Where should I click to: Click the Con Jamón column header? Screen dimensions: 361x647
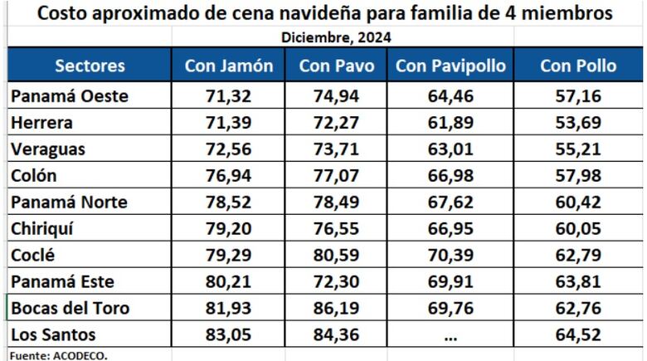(229, 66)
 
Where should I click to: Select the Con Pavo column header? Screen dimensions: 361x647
(337, 66)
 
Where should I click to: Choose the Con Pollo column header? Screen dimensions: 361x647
(578, 66)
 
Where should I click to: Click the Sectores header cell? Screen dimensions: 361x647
(90, 66)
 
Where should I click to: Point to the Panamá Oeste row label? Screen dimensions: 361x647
(70, 96)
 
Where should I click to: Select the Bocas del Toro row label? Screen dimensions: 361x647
(71, 309)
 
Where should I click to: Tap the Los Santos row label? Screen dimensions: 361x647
(54, 335)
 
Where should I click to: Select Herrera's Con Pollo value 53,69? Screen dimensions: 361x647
(578, 123)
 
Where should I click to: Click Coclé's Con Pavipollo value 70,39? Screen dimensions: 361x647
(450, 256)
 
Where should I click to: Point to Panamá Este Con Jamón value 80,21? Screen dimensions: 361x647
(229, 282)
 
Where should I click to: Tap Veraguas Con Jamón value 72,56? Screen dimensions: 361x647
(229, 149)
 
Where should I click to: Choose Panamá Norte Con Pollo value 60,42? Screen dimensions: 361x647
(578, 202)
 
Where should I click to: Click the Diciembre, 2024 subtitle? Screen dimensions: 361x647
(336, 37)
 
